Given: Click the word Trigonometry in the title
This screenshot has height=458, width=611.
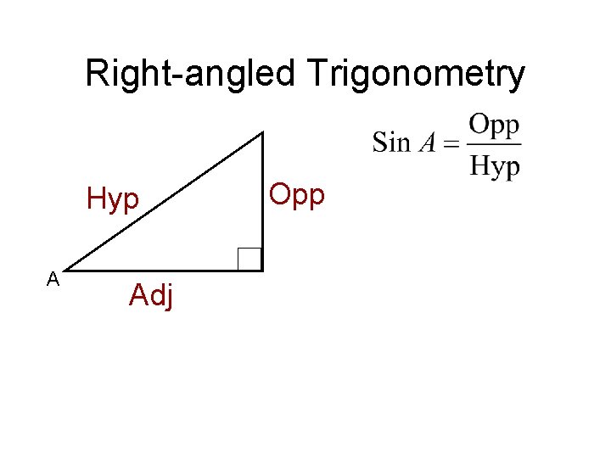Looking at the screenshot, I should tap(415, 75).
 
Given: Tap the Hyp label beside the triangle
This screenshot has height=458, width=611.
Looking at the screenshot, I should tap(113, 200).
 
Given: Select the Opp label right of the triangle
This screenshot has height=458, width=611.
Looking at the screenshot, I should tap(296, 194).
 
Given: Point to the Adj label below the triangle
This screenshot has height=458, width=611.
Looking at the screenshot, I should tap(151, 296).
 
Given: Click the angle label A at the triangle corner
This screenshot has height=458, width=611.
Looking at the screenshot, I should tap(53, 278).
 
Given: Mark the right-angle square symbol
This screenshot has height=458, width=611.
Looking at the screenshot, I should tap(249, 258).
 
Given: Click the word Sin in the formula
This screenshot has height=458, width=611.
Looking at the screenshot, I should tap(390, 142).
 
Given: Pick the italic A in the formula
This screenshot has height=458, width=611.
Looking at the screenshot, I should tap(427, 142).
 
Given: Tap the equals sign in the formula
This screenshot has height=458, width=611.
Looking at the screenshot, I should tap(451, 143).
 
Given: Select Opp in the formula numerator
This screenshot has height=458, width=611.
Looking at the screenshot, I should tap(494, 126).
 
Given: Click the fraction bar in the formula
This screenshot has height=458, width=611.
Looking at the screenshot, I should tap(494, 144).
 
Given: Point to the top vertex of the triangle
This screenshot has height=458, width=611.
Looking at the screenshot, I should tap(262, 132).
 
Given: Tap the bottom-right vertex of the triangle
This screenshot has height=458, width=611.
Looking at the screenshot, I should tap(262, 270).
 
